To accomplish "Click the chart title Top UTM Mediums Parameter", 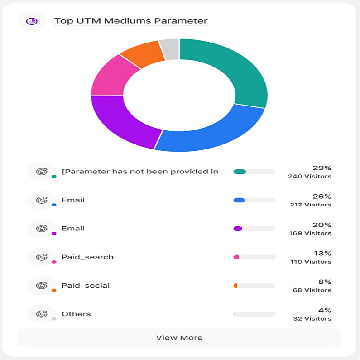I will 131,21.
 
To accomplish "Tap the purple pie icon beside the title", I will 32,21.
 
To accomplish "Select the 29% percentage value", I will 322,168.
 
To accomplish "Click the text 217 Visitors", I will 311,205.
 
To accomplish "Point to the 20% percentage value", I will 322,225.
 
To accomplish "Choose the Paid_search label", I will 87,257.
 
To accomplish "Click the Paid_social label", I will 86,285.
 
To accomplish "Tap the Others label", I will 76,314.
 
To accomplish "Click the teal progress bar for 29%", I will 240,172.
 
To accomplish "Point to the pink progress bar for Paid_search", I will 236,257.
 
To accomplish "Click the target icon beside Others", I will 42,314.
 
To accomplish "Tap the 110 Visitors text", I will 311,262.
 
